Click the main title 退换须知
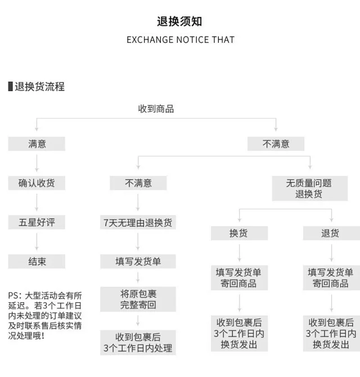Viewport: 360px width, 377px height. (x=179, y=21)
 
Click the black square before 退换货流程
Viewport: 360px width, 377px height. (x=10, y=87)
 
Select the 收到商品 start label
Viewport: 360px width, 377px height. (x=156, y=109)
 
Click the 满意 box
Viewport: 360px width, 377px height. (x=37, y=144)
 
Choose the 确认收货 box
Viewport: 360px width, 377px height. (x=37, y=183)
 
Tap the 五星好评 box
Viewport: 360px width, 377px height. (x=37, y=222)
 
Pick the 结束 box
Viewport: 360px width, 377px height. (x=37, y=261)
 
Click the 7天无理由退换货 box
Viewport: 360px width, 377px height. (x=138, y=222)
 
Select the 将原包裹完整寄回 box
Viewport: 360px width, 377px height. (x=138, y=299)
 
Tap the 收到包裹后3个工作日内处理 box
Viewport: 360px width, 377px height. (x=138, y=342)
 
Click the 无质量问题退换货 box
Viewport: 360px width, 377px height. (x=309, y=188)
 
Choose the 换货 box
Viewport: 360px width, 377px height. (x=240, y=233)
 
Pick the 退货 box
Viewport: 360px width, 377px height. (x=331, y=233)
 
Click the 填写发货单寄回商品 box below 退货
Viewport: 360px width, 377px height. (x=331, y=278)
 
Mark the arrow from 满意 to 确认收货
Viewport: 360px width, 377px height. (x=37, y=163)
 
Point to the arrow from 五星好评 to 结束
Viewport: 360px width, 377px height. (x=37, y=241)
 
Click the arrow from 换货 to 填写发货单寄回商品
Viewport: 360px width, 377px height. (x=240, y=253)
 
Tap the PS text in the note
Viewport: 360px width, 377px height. (x=45, y=316)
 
